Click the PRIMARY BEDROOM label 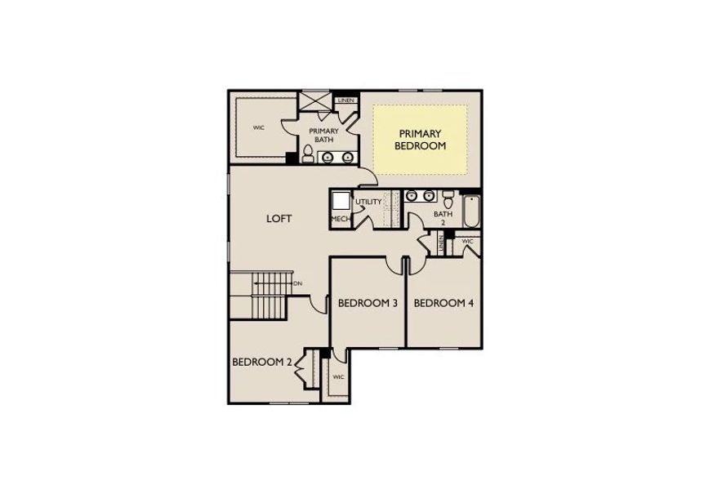tap(420, 140)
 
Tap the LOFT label tap(279, 219)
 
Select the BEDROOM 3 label tap(367, 303)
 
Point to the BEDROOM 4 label tap(443, 303)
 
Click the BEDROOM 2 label tap(261, 362)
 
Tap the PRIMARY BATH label tap(323, 135)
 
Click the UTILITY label tap(369, 201)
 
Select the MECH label tap(340, 220)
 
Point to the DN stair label tap(297, 283)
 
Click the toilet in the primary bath tap(307, 154)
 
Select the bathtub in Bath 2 tap(470, 212)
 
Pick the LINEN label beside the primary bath tap(346, 100)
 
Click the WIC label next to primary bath tap(259, 127)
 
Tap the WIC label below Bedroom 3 tap(338, 377)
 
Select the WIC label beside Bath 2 tap(468, 242)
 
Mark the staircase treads tap(269, 297)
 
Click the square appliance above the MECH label tap(341, 201)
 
